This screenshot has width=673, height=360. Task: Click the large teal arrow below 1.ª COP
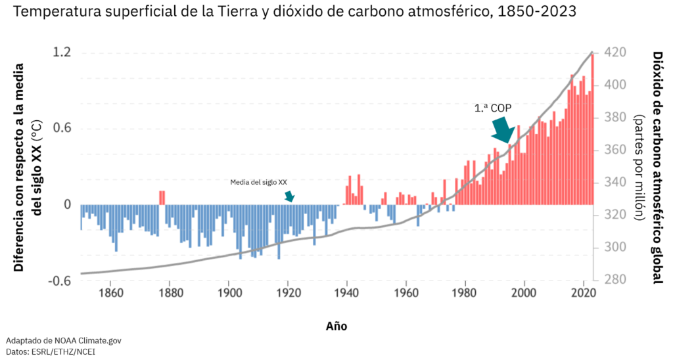pos(505,129)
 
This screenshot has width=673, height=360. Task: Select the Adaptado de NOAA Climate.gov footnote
pos(64,341)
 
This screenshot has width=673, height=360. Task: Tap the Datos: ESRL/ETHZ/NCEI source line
pos(53,352)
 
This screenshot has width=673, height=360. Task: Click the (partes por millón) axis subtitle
pos(638,167)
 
